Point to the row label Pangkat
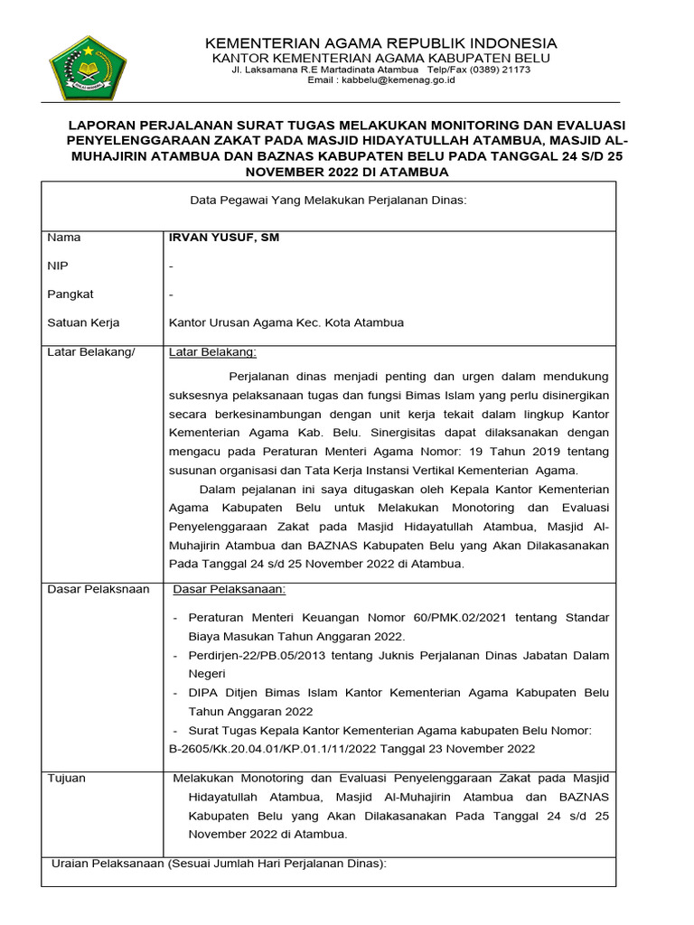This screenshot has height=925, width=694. [x=70, y=294]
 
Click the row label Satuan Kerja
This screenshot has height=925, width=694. [x=82, y=322]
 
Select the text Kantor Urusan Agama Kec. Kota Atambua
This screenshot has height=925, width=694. [x=286, y=322]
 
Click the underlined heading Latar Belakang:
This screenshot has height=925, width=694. [x=212, y=351]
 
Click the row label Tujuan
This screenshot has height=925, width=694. [x=67, y=777]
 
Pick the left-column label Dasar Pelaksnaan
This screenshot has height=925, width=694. [x=98, y=589]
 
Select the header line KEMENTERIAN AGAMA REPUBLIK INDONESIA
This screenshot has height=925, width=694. [x=381, y=43]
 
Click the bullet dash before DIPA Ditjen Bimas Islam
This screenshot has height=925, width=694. [x=174, y=693]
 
